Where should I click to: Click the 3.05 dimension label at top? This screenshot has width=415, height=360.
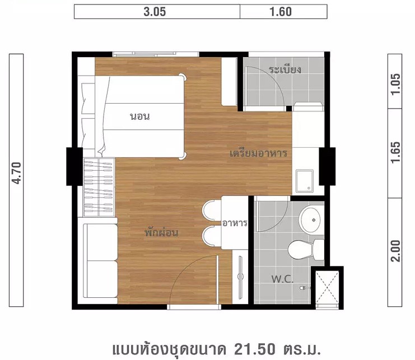(x=155, y=12)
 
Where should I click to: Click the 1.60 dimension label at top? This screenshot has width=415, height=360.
(x=281, y=12)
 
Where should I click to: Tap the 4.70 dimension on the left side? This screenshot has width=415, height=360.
(x=16, y=173)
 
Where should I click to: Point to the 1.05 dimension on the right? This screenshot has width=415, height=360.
(x=395, y=84)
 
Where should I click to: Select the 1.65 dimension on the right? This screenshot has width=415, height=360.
(x=395, y=153)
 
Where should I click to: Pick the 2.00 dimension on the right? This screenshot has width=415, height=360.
(x=395, y=251)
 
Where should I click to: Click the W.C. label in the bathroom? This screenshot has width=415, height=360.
(x=282, y=279)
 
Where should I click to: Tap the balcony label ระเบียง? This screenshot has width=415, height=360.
(x=285, y=69)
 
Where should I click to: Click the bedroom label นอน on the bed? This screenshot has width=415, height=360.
(x=140, y=116)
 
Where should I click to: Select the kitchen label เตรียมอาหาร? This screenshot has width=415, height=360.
(x=258, y=153)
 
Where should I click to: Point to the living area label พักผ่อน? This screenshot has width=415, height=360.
(x=161, y=232)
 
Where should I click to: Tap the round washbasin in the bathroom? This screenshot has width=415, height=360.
(x=310, y=220)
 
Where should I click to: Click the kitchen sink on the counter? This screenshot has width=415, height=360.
(x=304, y=181)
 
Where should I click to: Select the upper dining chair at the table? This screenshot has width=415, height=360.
(x=212, y=211)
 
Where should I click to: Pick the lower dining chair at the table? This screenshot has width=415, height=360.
(x=212, y=236)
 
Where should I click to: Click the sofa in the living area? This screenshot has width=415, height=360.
(x=100, y=260)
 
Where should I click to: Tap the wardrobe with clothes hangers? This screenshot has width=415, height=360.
(x=99, y=187)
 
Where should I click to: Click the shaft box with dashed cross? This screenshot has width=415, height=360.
(x=327, y=288)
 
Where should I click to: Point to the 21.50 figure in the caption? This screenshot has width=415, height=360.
(x=255, y=349)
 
